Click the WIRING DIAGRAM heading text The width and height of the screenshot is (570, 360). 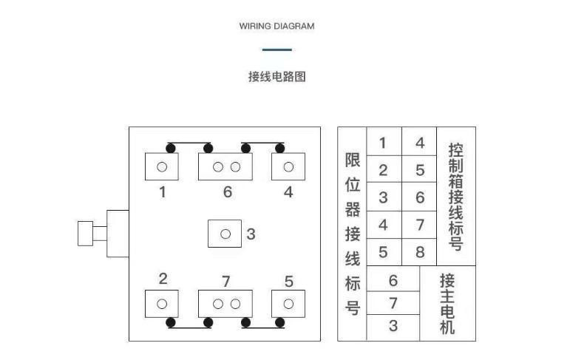pyautogui.click(x=276, y=26)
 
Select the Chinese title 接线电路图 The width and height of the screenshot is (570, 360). pyautogui.click(x=276, y=76)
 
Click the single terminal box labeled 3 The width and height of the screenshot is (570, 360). pyautogui.click(x=225, y=234)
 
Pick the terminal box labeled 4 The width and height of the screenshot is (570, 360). pyautogui.click(x=288, y=166)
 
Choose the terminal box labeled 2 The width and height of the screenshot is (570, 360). pyautogui.click(x=162, y=304)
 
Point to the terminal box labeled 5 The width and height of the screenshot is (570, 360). pyautogui.click(x=288, y=304)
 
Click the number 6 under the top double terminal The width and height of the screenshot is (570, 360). pyautogui.click(x=227, y=192)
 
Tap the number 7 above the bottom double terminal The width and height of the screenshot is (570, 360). pyautogui.click(x=226, y=281)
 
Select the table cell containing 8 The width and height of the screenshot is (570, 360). pyautogui.click(x=419, y=252)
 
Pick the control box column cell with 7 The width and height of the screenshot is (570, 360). pyautogui.click(x=419, y=224)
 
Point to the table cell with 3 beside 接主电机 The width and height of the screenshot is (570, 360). pyautogui.click(x=393, y=325)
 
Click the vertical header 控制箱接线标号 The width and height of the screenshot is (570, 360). pyautogui.click(x=456, y=196)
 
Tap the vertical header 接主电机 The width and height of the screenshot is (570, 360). pyautogui.click(x=447, y=303)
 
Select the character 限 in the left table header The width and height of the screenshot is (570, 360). pyautogui.click(x=353, y=160)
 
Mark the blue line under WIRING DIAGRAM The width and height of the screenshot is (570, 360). pyautogui.click(x=276, y=50)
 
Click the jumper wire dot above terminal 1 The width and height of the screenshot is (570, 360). pyautogui.click(x=171, y=148)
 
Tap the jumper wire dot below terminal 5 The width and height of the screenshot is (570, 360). pyautogui.click(x=279, y=322)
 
